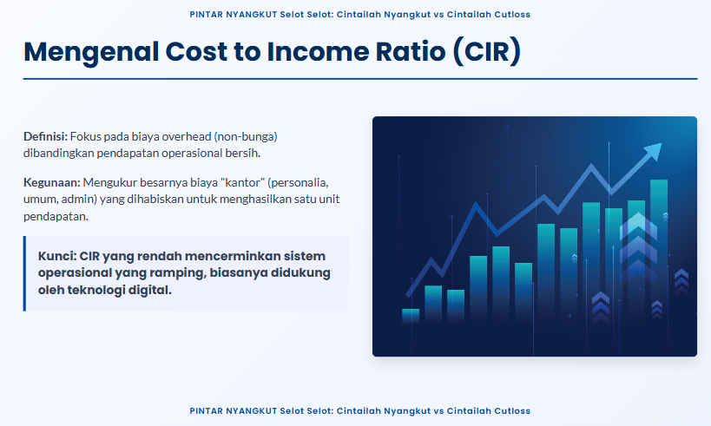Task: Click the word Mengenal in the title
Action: click(x=91, y=52)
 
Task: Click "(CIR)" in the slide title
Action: click(x=486, y=51)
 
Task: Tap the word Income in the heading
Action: click(x=318, y=51)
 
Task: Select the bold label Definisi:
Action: click(x=45, y=136)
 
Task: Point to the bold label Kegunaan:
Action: click(x=52, y=182)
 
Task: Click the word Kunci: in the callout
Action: click(x=57, y=256)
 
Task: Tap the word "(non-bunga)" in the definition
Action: click(x=246, y=136)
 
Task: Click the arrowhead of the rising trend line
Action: click(x=653, y=151)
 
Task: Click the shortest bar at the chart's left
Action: click(x=411, y=315)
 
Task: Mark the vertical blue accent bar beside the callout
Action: click(x=24, y=273)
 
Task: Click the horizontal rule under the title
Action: click(x=360, y=79)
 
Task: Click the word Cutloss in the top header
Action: click(x=512, y=15)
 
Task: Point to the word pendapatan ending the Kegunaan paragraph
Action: click(x=56, y=216)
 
